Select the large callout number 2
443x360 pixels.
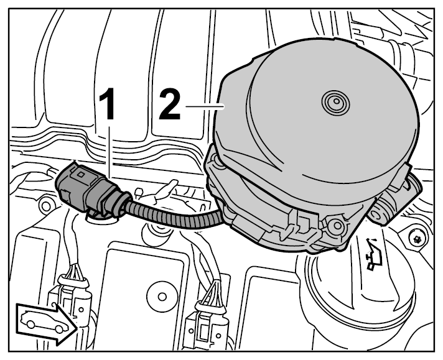(169, 104)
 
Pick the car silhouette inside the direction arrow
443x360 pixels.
(45, 321)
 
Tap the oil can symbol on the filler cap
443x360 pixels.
(373, 254)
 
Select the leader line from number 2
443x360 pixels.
(205, 106)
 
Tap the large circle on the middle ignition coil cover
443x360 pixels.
(162, 297)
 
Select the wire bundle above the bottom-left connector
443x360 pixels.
(74, 272)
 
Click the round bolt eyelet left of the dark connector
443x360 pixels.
(45, 205)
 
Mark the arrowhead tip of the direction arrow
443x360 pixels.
(77, 328)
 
